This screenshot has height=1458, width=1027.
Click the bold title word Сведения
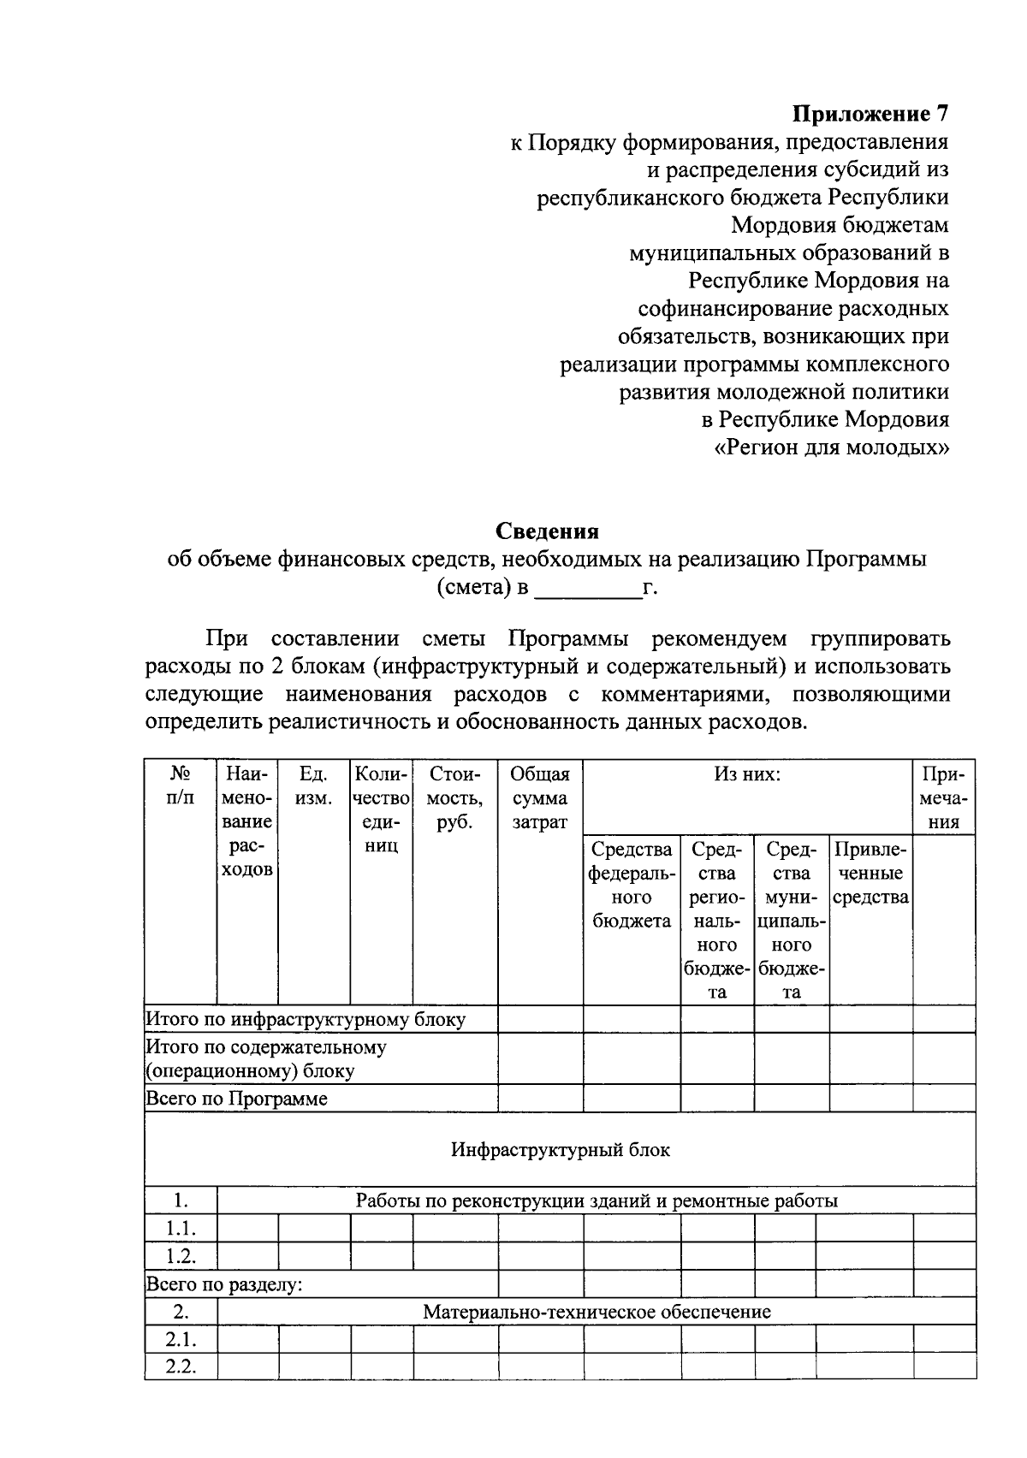point(548,531)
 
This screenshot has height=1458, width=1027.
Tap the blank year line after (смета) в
point(587,590)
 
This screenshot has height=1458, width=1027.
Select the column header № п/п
point(180,785)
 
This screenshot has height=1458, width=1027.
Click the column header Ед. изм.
point(313,785)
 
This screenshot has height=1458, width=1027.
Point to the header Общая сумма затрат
point(540,797)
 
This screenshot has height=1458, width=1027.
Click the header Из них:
point(747,774)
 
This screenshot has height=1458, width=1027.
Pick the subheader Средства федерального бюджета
point(632,885)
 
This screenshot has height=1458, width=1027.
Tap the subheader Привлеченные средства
point(870,873)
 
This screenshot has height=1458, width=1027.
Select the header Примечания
point(944,797)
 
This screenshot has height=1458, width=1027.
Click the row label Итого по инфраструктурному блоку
point(306,1019)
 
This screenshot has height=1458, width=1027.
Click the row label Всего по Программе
point(237,1098)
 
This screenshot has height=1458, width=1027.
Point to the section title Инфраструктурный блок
point(561,1149)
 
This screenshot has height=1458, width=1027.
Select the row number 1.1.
point(181,1229)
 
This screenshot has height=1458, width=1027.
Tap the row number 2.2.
point(181,1366)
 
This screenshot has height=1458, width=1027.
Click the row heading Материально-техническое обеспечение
point(597,1312)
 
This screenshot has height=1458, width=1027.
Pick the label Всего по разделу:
point(224,1284)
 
